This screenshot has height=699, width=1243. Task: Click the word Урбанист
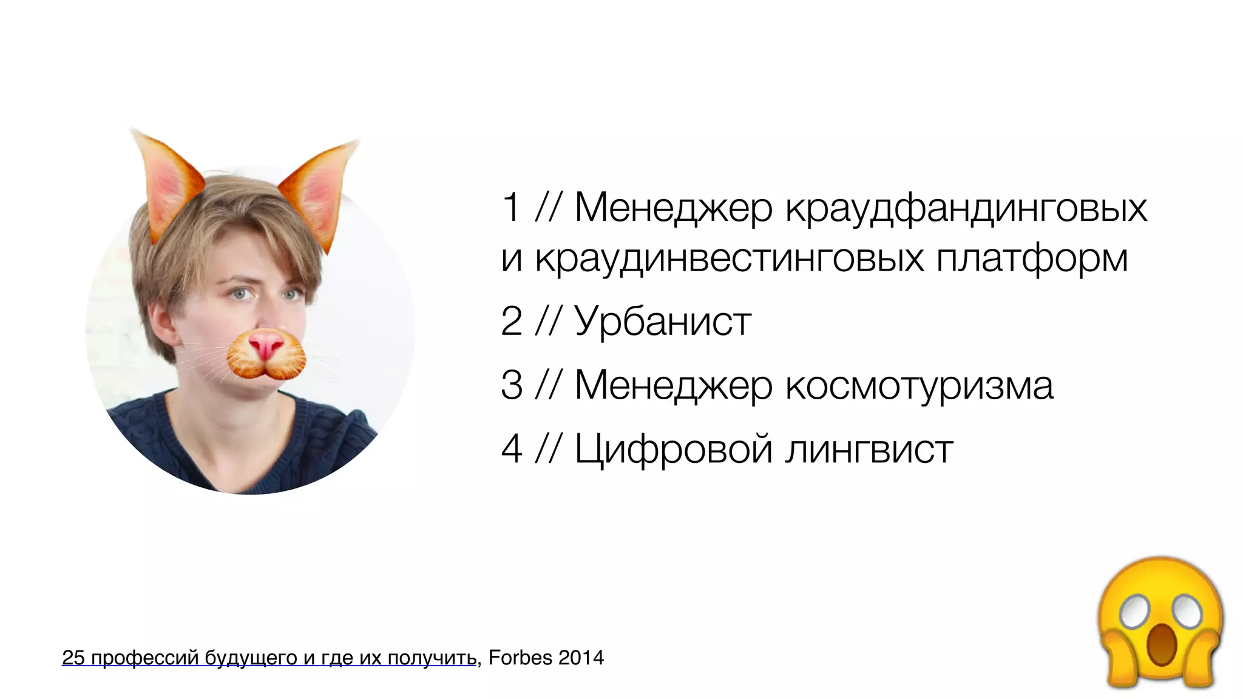(663, 322)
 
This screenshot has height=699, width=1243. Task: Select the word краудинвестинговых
(730, 259)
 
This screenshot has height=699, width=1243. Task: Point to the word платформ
(1032, 259)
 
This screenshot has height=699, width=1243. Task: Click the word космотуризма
(919, 385)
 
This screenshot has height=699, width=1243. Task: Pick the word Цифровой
(672, 450)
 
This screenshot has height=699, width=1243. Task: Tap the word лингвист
(869, 450)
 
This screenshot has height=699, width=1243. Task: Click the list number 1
(511, 208)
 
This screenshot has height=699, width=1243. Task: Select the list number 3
(511, 385)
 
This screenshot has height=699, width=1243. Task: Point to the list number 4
(511, 450)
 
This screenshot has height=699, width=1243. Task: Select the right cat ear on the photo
(320, 191)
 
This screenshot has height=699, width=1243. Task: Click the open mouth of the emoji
(1160, 644)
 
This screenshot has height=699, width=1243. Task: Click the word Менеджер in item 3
(673, 385)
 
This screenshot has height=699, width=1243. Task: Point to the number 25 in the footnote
(73, 658)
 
